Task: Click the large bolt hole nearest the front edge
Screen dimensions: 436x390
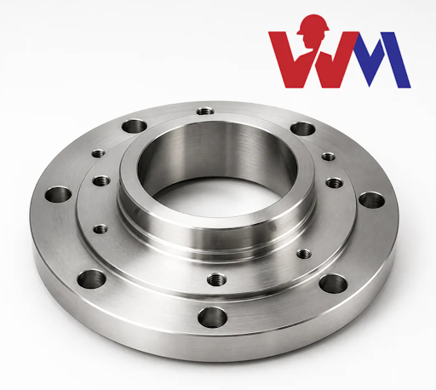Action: pyautogui.click(x=212, y=317)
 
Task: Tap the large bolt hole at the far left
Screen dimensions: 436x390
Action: pyautogui.click(x=58, y=194)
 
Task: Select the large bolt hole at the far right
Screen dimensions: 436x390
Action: pyautogui.click(x=372, y=200)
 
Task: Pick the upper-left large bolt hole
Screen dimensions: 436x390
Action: pyautogui.click(x=135, y=126)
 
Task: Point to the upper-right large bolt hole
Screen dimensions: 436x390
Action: pyautogui.click(x=303, y=129)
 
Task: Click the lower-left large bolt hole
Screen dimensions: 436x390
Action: pyautogui.click(x=91, y=279)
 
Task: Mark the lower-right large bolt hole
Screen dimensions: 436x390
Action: pyautogui.click(x=333, y=284)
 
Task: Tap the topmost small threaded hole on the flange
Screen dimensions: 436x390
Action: pyautogui.click(x=205, y=112)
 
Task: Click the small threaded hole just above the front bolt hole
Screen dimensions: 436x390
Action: pyautogui.click(x=216, y=279)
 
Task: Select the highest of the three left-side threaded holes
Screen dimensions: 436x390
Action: pyautogui.click(x=99, y=153)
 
